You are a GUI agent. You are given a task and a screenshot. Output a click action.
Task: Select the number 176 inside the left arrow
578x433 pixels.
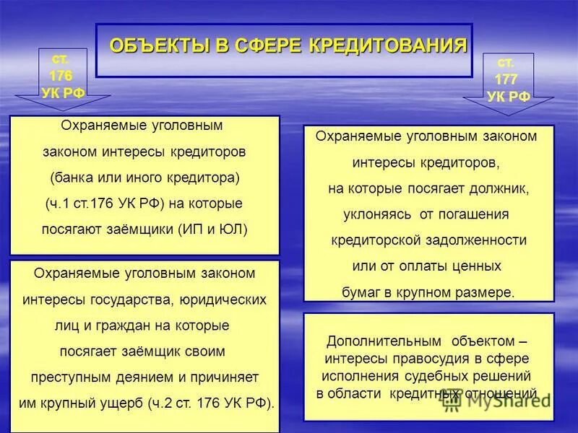coord(61,75)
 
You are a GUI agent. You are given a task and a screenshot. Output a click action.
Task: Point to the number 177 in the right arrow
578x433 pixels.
coord(506,79)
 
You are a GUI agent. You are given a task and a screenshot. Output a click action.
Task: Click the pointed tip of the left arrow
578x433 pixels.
coord(61,110)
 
